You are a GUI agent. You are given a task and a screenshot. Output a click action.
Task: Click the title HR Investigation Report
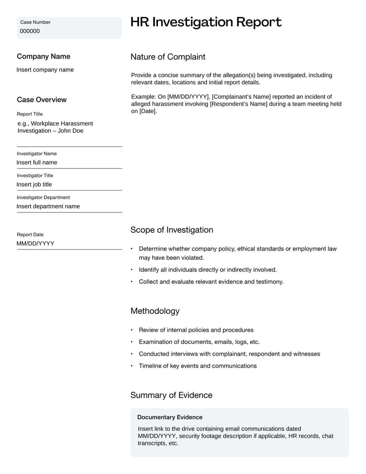206,22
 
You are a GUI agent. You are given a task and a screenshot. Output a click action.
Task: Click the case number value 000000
30,31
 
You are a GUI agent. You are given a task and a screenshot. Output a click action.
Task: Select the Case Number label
35,22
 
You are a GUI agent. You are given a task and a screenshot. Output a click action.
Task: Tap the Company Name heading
43,56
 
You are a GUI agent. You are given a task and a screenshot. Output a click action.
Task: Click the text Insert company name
45,70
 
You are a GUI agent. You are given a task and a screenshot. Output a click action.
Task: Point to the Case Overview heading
42,99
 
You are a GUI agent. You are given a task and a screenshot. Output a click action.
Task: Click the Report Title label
30,114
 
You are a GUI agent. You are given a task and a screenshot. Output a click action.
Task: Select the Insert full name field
37,163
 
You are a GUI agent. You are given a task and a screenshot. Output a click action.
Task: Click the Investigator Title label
35,175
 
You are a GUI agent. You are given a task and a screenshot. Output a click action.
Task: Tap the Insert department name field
48,207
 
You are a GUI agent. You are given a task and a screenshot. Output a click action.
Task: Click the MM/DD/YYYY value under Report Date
35,244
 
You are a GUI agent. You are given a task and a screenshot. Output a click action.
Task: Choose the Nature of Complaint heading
168,57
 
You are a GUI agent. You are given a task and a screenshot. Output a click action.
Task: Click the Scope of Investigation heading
172,230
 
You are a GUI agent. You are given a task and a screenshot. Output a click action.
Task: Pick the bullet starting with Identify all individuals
208,270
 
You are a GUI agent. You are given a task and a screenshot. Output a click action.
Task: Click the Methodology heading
155,311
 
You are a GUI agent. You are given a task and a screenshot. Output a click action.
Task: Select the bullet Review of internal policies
196,330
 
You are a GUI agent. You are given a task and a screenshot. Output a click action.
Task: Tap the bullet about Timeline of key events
198,365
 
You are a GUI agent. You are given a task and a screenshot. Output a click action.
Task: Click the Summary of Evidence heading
171,395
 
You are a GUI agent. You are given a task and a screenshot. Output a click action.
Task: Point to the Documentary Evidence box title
170,417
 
